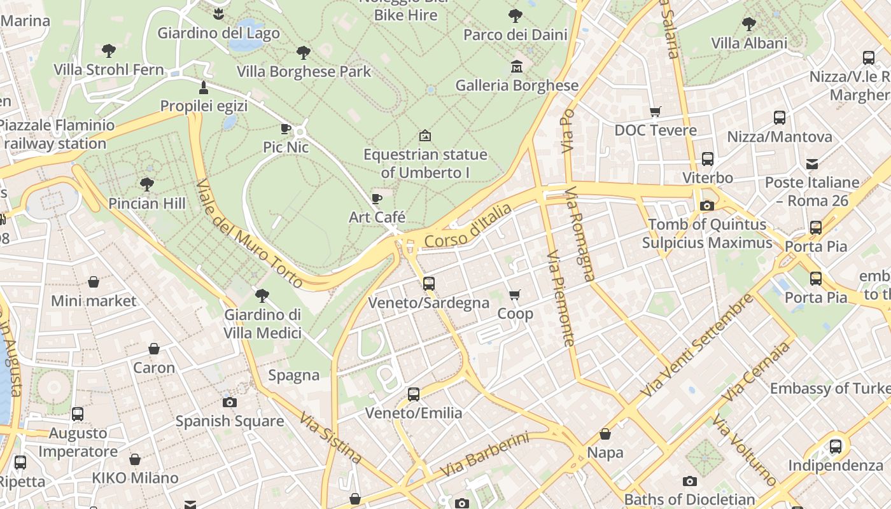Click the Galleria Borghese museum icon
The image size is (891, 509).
pos(516,66)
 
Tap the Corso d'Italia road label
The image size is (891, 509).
pos(468,227)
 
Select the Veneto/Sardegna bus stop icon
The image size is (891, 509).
pos(429,284)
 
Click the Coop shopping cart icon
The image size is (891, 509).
pos(515,295)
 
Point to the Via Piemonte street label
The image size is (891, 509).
pos(561,298)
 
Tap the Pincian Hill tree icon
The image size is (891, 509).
pos(147,185)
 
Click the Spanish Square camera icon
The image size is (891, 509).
pos(229,402)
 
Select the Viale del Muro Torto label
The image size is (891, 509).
pos(249,234)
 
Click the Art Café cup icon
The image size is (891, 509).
pos(377,199)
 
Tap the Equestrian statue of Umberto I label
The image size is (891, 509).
pos(424,164)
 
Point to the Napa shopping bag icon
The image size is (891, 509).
pos(605,434)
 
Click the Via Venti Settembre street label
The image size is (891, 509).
pos(696,345)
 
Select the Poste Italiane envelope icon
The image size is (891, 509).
pos(812,164)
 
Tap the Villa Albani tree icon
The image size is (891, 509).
pos(749,24)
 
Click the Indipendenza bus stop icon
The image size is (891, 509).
pos(835,447)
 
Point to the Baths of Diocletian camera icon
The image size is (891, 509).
pos(689,481)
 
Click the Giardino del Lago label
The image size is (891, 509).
pos(218,32)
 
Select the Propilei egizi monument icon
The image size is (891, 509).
pos(204,87)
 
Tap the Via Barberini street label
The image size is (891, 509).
pos(484,456)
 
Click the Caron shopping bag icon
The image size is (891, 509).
pos(154,349)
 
